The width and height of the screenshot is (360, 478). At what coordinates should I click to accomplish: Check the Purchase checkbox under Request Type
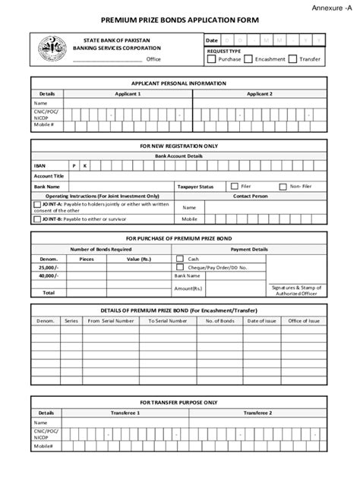point(212,58)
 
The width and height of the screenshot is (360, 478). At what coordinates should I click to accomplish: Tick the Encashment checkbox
point(249,58)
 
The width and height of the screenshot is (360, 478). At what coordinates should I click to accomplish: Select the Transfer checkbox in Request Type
point(293,58)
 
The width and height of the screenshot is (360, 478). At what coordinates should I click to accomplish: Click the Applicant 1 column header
point(128,93)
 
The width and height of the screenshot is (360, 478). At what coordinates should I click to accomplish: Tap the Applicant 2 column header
point(259,93)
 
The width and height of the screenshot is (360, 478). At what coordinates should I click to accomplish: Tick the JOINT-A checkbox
point(36,204)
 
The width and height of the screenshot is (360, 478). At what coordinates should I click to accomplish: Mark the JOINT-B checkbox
point(36,219)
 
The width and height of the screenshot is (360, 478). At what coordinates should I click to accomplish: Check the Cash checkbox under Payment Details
point(180,258)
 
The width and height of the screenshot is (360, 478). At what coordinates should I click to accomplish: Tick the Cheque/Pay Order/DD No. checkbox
point(180,267)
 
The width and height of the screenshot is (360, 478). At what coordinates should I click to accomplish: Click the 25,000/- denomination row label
point(49,267)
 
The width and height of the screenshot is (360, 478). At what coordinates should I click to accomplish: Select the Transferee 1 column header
point(128,413)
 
